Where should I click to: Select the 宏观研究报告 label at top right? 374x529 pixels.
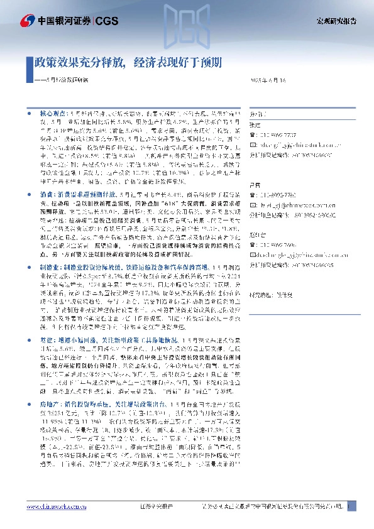pos(336,21)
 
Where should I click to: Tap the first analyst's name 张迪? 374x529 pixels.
pos(255,125)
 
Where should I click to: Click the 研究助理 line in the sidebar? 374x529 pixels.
pos(271,277)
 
